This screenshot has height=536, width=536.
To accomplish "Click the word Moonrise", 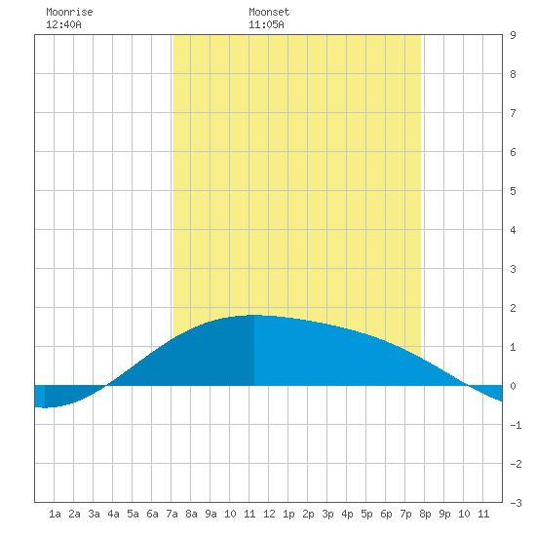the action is click(x=69, y=12).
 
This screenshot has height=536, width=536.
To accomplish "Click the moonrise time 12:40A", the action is click(x=63, y=24).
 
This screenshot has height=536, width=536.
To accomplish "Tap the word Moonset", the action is click(x=269, y=12).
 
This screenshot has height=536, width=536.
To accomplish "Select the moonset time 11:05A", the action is click(x=266, y=24).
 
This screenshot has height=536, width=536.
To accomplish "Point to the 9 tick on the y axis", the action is click(x=513, y=35).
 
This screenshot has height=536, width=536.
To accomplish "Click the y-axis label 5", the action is click(x=513, y=191).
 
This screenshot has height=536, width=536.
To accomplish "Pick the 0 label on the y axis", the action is click(x=513, y=386).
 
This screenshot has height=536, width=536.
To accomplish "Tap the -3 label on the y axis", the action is click(x=516, y=503).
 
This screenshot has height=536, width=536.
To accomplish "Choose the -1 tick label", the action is click(x=516, y=425).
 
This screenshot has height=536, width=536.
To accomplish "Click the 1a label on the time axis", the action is click(x=55, y=514).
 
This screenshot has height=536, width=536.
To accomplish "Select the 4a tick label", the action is click(x=113, y=514).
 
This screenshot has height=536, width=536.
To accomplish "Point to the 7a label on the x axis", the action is click(x=172, y=514).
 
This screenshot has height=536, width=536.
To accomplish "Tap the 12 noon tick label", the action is click(x=269, y=514).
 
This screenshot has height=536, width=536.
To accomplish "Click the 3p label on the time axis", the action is click(x=327, y=514).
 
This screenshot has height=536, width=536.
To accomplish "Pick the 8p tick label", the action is click(x=425, y=514).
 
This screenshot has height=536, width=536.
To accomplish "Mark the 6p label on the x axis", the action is click(x=386, y=514).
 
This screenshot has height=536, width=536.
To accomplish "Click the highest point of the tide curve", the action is click(x=254, y=315).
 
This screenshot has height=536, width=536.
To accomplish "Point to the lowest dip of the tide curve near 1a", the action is click(x=45, y=407).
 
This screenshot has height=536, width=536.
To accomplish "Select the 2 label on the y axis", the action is click(x=513, y=308).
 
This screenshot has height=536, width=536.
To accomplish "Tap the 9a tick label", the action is click(x=211, y=514).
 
